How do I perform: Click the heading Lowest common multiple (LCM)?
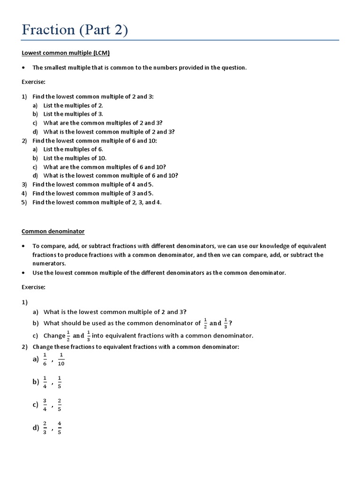click(x=66, y=53)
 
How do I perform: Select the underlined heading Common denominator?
click(x=53, y=232)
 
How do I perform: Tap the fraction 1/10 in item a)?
click(x=61, y=360)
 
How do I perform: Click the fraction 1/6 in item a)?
click(x=45, y=360)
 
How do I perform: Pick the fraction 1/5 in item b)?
click(x=59, y=382)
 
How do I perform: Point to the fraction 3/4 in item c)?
click(x=45, y=405)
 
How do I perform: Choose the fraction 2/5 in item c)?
click(x=59, y=405)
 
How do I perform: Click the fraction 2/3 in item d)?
click(x=45, y=427)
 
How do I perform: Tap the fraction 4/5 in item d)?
click(x=59, y=427)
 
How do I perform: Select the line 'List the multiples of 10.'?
click(x=75, y=158)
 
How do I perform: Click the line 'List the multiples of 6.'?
click(x=73, y=149)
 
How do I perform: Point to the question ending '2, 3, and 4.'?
click(x=97, y=202)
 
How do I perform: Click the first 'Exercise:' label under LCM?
click(x=33, y=82)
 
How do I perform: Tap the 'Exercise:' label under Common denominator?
click(x=33, y=287)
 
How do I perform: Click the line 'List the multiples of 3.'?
click(x=73, y=114)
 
